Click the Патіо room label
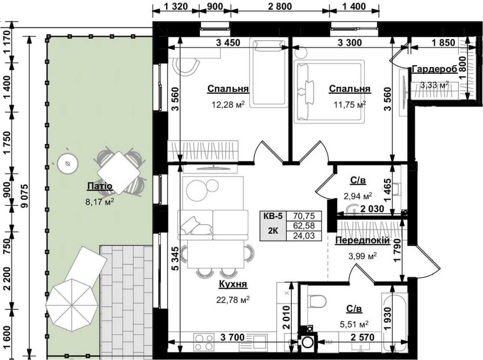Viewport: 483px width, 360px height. (99, 186)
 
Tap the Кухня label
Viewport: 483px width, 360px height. (233, 284)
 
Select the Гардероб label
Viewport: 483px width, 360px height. (434, 69)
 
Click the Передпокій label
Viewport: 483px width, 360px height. (362, 241)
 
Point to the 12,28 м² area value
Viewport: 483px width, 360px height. (228, 105)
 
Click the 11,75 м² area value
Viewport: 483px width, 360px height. (350, 105)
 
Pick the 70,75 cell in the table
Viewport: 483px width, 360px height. (304, 216)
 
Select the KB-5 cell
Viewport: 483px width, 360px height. (273, 216)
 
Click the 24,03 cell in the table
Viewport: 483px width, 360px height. (304, 236)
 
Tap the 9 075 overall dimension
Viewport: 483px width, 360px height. (25, 196)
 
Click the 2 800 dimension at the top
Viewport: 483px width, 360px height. (280, 6)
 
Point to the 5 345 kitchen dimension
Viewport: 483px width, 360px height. (175, 259)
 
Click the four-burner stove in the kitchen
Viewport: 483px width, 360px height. (204, 342)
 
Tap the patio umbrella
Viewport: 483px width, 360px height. (71, 305)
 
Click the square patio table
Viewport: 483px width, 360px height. (119, 172)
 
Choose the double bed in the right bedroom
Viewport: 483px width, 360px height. (329, 91)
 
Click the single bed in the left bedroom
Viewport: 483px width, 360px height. (269, 72)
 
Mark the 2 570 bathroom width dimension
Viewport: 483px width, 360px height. (363, 337)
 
